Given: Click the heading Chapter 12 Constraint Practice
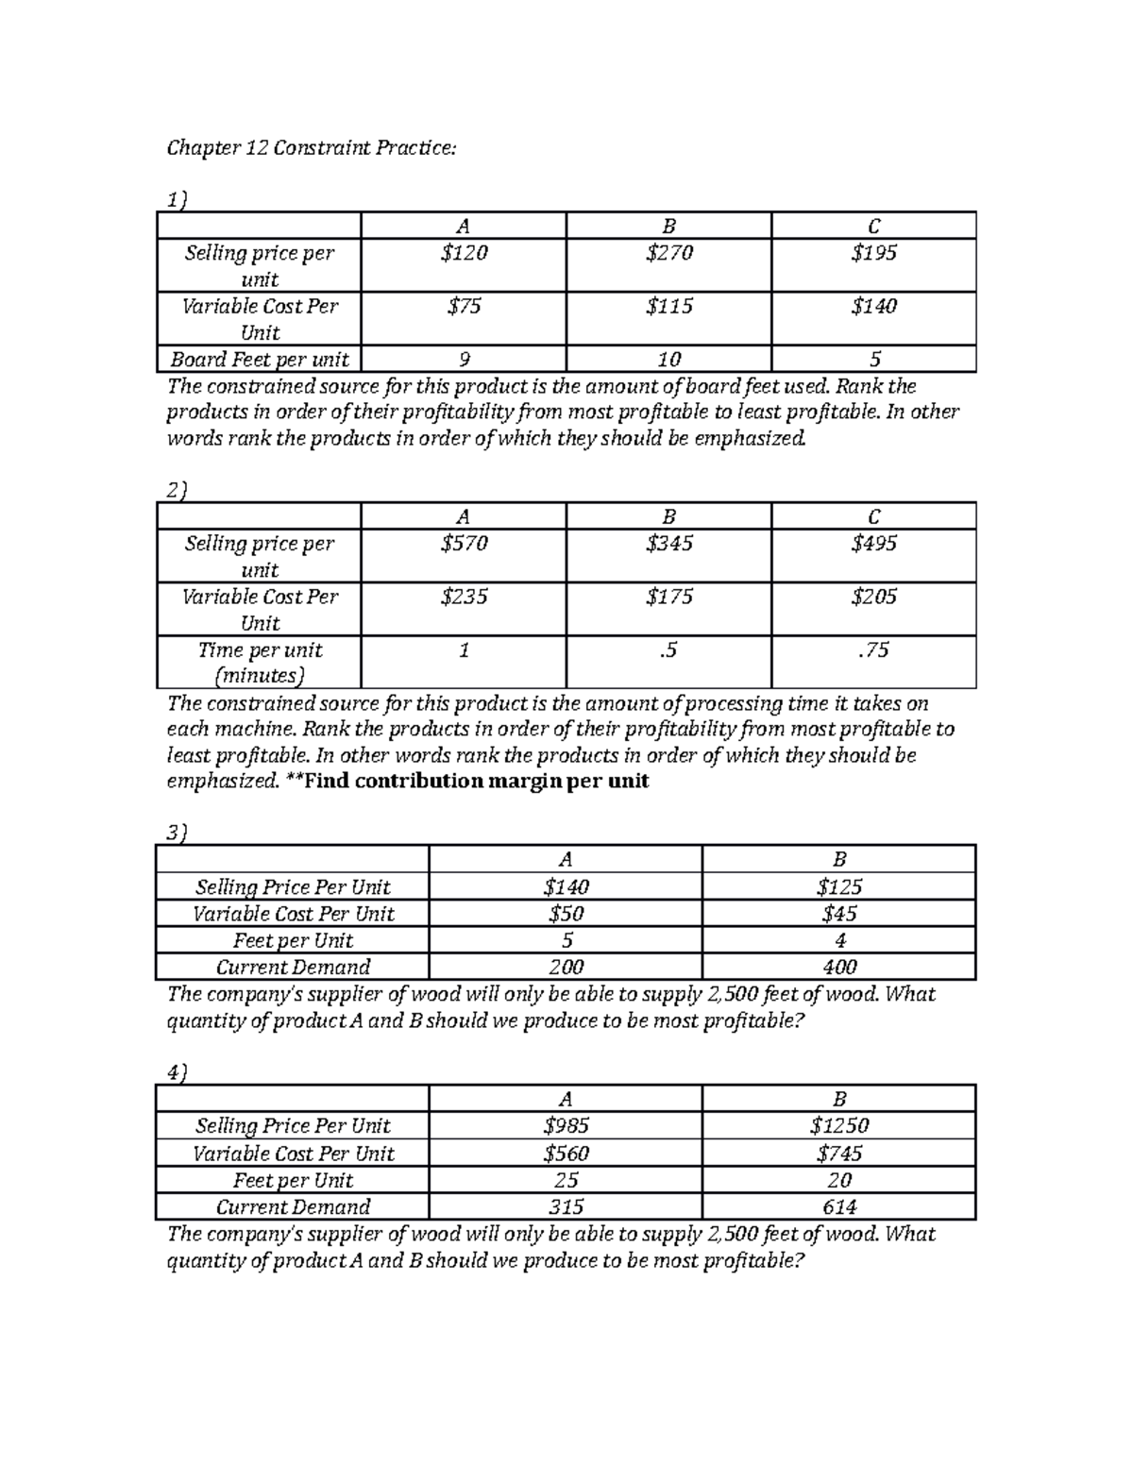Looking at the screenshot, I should [311, 148].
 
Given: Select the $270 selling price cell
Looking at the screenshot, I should [668, 253].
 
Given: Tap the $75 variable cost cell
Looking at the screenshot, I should [463, 306].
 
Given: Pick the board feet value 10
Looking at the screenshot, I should [668, 360].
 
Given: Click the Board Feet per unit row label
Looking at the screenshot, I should [260, 360].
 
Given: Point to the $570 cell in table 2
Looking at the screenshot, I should [463, 544].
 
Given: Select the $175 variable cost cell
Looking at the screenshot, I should [668, 597].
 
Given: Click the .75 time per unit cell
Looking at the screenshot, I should [873, 649].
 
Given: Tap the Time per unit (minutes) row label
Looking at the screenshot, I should [260, 662].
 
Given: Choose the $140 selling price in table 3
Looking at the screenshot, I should [566, 886].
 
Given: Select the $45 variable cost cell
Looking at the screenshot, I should [838, 913].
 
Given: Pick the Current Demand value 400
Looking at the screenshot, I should [838, 967].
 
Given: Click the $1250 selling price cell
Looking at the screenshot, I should [838, 1125].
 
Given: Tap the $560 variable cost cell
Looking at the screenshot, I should [566, 1153].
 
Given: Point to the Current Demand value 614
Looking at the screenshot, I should [838, 1206].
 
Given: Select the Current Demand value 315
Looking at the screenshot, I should [566, 1206].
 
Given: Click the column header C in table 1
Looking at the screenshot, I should [873, 227].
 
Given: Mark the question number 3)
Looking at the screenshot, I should [177, 833].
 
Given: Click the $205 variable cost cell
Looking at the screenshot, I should [873, 597].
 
